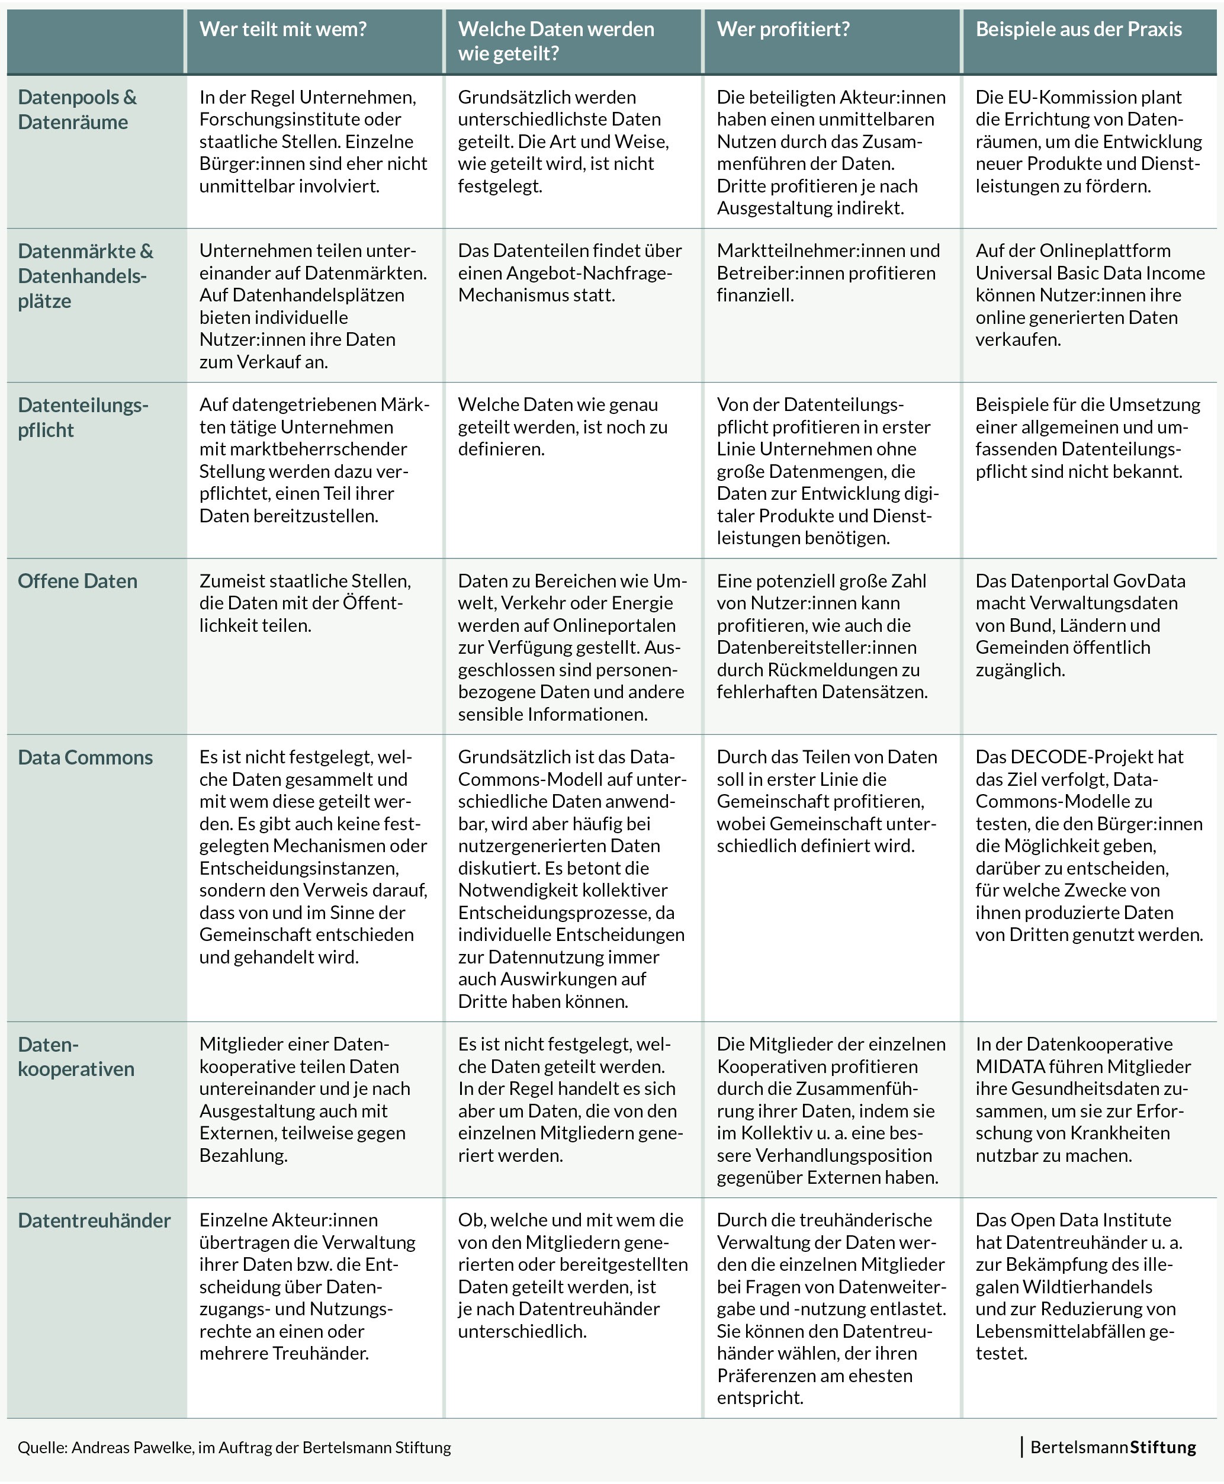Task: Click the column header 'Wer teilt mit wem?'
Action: [282, 30]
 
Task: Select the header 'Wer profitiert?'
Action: [783, 30]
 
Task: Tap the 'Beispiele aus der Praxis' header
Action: [1078, 30]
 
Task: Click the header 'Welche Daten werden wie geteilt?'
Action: [555, 41]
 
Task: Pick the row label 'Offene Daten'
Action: [78, 581]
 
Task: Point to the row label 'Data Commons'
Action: [85, 757]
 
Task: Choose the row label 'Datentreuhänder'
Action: [95, 1220]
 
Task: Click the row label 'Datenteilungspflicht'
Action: [83, 417]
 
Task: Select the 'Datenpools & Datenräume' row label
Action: [77, 110]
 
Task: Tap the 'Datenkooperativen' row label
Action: [76, 1056]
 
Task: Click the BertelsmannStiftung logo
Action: [1113, 1447]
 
